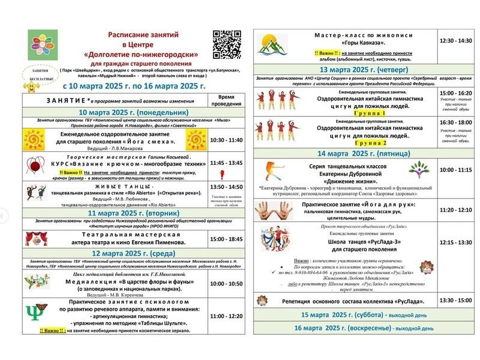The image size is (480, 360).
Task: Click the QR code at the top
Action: (x=227, y=44)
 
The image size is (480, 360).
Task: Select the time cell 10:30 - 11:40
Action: (x=226, y=140)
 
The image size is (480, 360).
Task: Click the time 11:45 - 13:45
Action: (x=226, y=163)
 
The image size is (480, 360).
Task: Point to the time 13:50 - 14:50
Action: (x=226, y=187)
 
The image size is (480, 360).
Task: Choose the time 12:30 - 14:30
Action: (x=455, y=41)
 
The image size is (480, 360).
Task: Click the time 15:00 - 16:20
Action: (x=455, y=94)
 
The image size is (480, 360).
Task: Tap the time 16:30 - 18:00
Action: (x=455, y=122)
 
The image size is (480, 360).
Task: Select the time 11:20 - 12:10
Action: (x=455, y=209)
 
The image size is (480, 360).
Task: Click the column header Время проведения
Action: (x=226, y=100)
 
